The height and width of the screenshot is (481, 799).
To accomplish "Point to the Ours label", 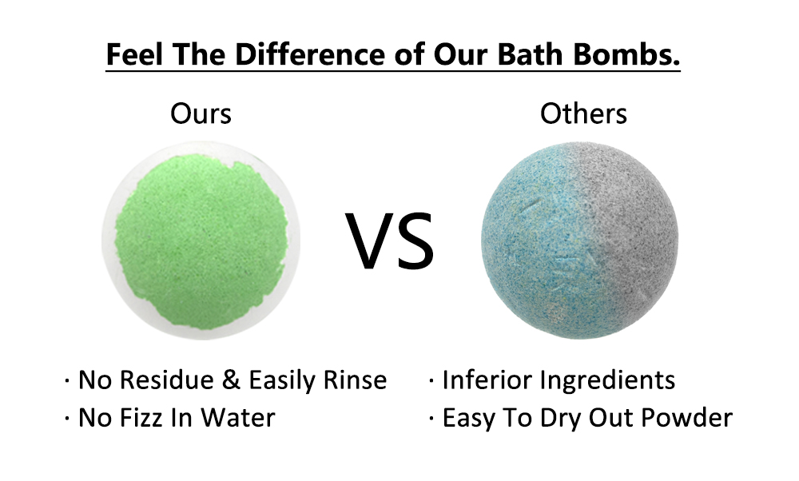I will coord(201,114).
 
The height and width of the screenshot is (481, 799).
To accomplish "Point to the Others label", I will coord(583,114).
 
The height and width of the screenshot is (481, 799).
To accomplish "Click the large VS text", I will coord(390,240).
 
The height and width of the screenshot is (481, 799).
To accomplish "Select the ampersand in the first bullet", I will coord(231,380).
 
